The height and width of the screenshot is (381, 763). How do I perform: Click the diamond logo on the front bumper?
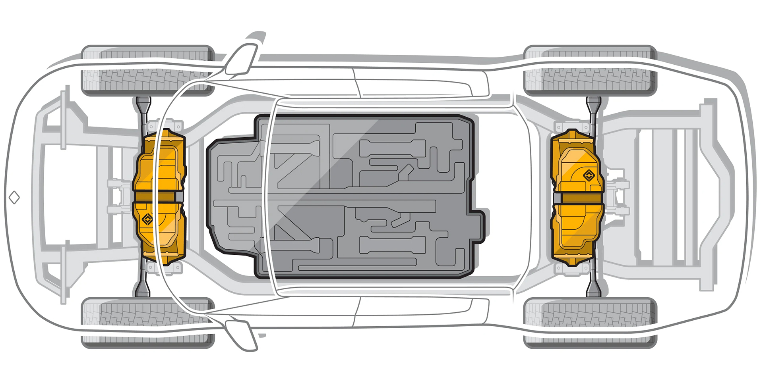click(x=14, y=197)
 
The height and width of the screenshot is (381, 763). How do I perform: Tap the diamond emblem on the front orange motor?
click(x=148, y=219)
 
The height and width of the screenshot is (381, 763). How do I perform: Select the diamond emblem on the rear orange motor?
click(x=589, y=175)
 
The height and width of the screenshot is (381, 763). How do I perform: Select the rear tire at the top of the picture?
click(x=590, y=71)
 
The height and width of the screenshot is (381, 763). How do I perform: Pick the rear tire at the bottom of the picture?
click(x=590, y=322)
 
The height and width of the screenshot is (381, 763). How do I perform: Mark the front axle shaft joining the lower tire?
click(x=143, y=283)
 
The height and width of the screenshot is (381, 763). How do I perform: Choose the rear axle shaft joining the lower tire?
click(x=593, y=283)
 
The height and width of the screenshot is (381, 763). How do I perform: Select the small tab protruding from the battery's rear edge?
click(x=479, y=226)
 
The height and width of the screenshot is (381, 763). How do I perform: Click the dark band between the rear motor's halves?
click(x=577, y=198)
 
